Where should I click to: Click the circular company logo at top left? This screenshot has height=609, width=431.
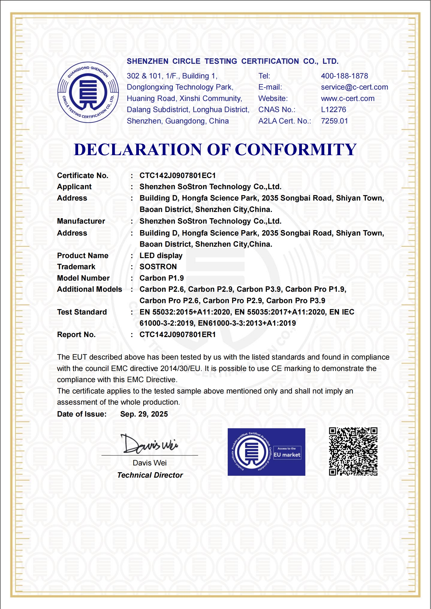point(88,92)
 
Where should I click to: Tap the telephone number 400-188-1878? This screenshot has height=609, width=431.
point(344,76)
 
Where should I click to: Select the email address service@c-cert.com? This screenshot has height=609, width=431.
point(354,87)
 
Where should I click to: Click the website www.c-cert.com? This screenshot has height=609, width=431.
point(348,99)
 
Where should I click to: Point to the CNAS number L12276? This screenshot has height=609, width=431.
point(334,110)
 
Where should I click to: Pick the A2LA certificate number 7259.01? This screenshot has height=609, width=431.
point(334,121)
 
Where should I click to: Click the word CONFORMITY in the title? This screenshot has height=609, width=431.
point(296,150)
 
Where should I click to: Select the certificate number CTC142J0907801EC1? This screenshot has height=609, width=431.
point(178,176)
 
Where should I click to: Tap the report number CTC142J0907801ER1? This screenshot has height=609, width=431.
point(178,335)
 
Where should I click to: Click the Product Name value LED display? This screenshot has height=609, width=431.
point(161,256)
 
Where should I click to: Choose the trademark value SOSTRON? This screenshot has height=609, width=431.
point(158,267)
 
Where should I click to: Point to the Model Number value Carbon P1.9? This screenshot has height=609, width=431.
point(161,278)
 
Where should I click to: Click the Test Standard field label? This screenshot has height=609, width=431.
point(82,312)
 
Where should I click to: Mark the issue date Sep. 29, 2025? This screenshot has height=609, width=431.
point(144,414)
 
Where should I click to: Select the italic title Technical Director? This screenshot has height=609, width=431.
point(150,475)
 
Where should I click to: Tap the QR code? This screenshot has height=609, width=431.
point(353,452)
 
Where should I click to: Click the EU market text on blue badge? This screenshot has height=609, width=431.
point(287,455)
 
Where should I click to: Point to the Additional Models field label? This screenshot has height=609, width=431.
point(89,289)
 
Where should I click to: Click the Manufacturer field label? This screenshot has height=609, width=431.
point(81,221)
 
